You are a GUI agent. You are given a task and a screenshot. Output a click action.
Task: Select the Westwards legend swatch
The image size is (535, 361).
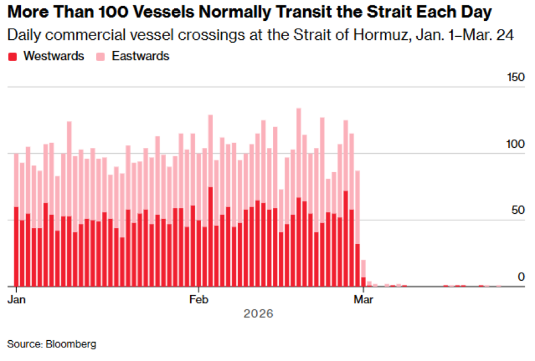coord(12,56)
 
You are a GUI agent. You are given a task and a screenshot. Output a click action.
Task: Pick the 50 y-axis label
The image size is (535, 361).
coord(518,210)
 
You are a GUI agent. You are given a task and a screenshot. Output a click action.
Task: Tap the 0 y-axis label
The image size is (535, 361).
coord(521,277)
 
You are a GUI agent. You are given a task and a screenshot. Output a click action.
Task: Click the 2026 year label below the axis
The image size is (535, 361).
coord(258,313)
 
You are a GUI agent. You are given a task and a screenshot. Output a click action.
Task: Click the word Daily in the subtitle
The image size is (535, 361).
coord(23,35)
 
